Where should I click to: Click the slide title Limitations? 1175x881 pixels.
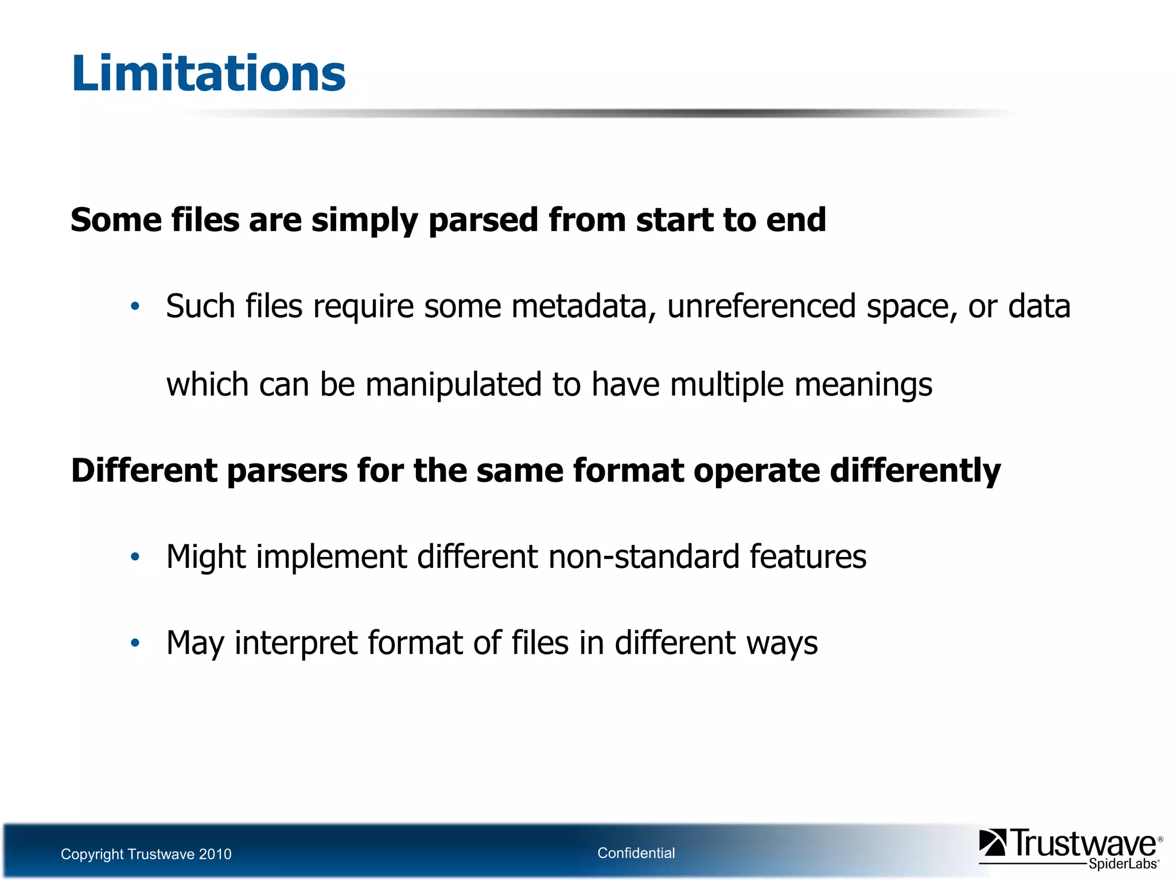coord(208,73)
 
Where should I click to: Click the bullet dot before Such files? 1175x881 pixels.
coord(135,306)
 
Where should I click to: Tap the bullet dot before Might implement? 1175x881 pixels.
coord(135,557)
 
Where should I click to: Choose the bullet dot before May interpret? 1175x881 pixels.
coord(135,643)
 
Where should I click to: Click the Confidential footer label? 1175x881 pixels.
coord(636,853)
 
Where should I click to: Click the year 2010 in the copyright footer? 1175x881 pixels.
coord(215,854)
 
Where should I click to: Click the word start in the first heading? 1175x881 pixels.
coord(675,220)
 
